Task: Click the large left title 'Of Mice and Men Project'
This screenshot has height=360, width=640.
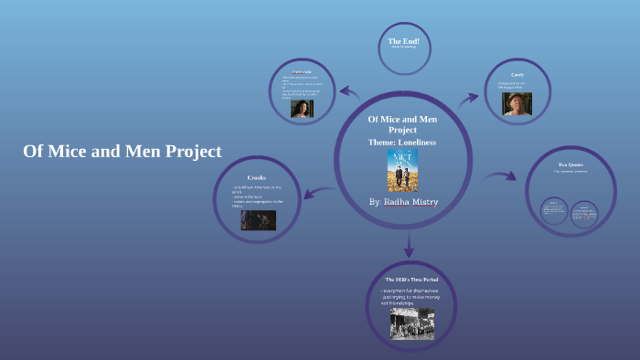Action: pos(123,152)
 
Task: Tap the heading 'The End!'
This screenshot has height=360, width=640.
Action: pos(403,41)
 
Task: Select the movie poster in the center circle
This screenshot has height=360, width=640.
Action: pos(402,171)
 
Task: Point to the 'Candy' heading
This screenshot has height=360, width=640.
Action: pos(517,73)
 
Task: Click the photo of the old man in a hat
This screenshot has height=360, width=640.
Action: pos(517,103)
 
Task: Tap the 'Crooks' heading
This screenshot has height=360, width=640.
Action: pos(256,177)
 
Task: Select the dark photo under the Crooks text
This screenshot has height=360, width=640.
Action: pos(258,220)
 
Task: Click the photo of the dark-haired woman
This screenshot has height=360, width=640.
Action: pos(302,108)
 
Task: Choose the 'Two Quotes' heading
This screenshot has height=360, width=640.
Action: pos(571,164)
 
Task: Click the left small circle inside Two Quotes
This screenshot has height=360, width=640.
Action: pos(554,211)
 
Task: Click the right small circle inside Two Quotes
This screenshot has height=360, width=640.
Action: pos(584,213)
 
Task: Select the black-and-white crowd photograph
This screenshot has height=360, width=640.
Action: pos(411,322)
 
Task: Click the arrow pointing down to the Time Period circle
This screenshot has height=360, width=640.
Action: pos(409,245)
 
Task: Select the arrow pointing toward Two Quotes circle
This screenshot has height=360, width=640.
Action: pos(498,176)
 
